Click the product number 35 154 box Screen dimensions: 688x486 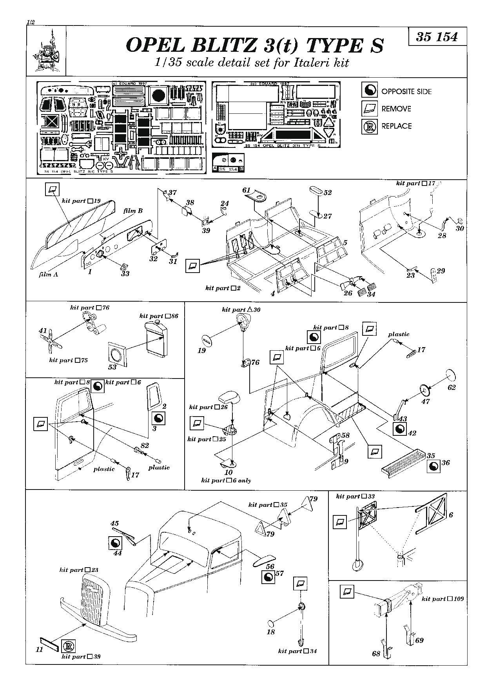tap(437, 37)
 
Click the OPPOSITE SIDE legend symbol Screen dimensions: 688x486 tap(369, 91)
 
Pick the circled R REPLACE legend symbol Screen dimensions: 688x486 tap(369, 126)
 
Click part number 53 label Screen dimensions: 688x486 tap(112, 367)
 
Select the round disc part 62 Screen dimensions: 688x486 tap(450, 374)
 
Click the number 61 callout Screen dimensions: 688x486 tap(246, 190)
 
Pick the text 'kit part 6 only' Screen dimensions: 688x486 tap(226, 480)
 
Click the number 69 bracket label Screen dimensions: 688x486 tap(420, 640)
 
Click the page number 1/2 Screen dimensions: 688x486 tap(31, 22)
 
